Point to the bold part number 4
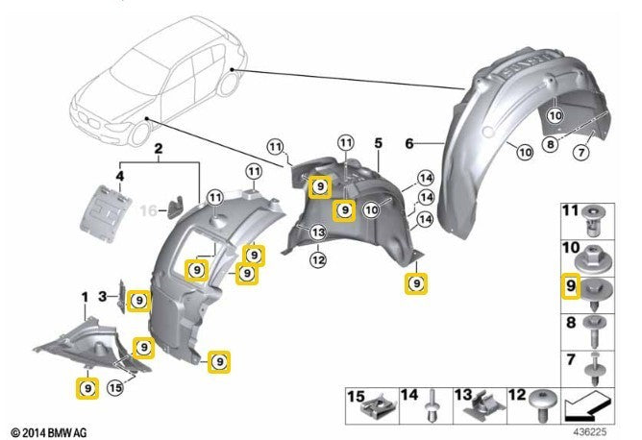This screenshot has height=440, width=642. (119, 176)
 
